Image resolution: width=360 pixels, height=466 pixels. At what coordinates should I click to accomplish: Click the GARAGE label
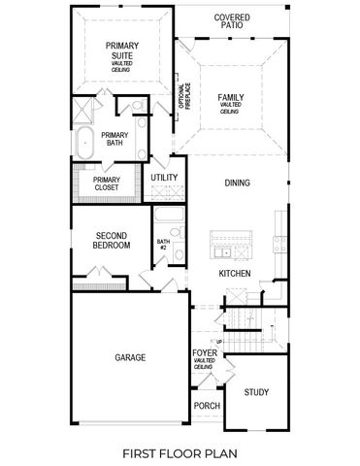tap(129, 357)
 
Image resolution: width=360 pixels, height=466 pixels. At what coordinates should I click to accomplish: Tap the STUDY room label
tap(256, 392)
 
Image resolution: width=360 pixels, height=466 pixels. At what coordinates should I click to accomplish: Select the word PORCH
tap(206, 406)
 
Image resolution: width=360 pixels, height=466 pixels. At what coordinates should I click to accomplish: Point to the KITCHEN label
tap(235, 274)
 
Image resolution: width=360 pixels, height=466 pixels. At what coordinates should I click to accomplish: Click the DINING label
tap(238, 183)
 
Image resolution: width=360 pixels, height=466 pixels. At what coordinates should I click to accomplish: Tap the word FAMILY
tap(231, 98)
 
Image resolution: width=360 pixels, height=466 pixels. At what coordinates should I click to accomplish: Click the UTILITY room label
tap(164, 178)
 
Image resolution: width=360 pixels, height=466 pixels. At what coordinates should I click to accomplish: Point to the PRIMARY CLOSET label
tap(107, 183)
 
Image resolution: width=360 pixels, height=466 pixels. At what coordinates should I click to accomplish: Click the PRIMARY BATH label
tap(115, 139)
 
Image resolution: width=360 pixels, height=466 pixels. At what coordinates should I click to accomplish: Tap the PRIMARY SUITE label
tap(122, 50)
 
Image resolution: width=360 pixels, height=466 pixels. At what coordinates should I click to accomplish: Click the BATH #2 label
tap(163, 245)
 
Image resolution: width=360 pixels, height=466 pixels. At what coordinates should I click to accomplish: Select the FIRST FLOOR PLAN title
tap(180, 452)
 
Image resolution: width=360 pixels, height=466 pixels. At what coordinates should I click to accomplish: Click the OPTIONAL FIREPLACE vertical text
tap(181, 96)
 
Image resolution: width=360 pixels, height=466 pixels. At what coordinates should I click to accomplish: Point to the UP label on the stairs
tap(221, 343)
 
